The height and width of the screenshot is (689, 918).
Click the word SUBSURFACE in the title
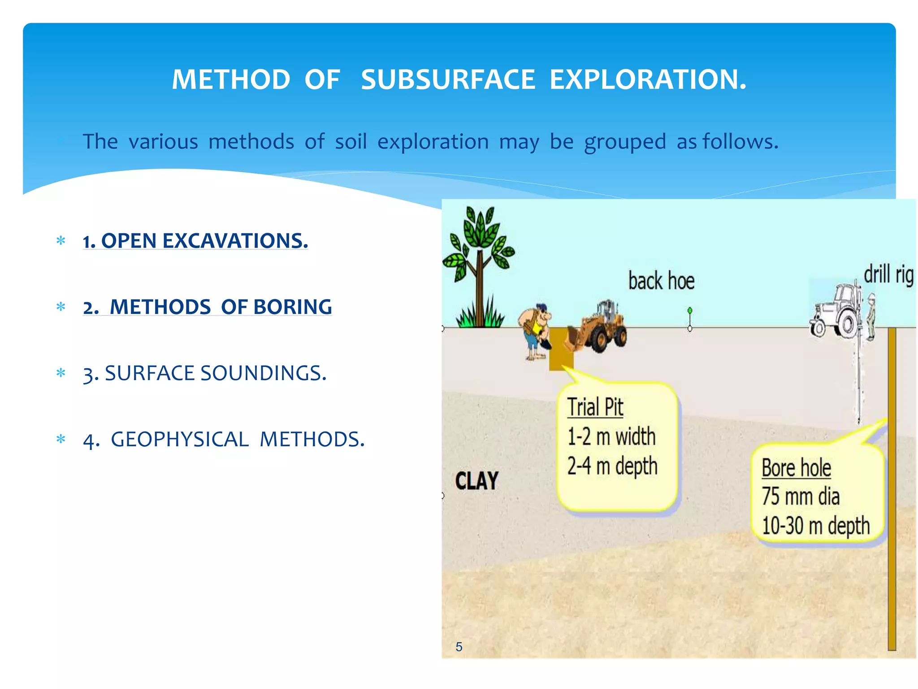448,80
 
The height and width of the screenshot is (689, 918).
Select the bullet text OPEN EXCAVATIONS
195,241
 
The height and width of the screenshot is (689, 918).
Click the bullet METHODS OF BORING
207,307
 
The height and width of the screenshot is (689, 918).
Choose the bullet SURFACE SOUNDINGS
205,373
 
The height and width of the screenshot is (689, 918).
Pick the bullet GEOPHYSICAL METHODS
224,439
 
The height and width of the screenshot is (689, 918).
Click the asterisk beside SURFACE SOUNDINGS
61,373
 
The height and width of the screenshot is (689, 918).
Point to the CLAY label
476,481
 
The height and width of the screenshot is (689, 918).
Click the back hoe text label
661,281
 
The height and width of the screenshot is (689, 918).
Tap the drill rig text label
888,274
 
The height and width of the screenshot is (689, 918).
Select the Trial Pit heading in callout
595,407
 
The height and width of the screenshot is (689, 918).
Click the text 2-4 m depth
612,466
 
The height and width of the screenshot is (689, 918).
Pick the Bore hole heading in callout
796,468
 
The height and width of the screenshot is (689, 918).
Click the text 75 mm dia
800,497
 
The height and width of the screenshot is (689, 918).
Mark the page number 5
459,646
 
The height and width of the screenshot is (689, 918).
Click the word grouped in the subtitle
625,142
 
